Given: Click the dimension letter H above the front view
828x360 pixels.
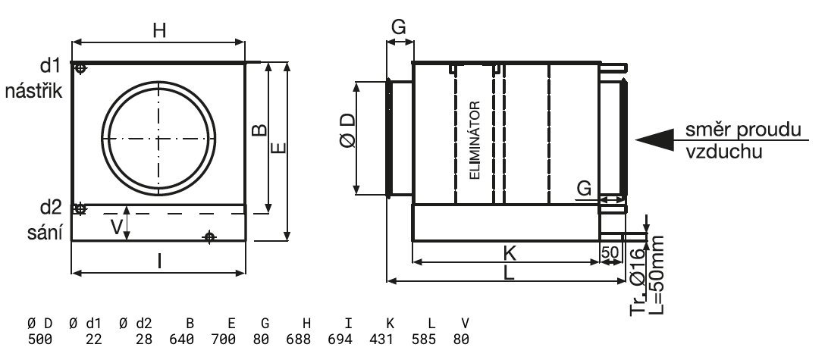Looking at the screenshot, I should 159,30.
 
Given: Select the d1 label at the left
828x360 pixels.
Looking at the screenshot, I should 51,66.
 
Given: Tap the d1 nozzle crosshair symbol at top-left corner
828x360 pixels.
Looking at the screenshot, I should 81,69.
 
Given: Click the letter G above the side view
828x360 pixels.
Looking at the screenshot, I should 399,27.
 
